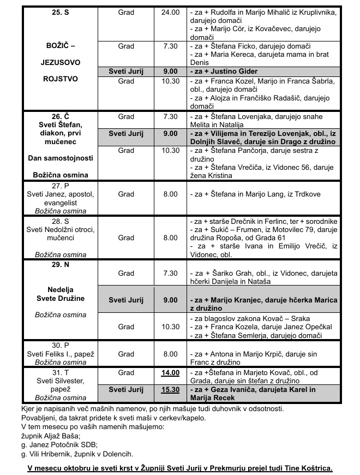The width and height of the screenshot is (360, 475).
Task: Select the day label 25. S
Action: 59,12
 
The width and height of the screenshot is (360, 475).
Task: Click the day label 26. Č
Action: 59,116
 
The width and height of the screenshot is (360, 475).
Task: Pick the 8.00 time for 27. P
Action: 170,194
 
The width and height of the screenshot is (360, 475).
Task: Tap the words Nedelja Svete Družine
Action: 59,294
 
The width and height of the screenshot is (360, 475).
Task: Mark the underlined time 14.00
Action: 170,372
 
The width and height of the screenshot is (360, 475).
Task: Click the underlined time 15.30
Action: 170,390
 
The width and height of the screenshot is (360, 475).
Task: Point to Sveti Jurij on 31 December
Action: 126,390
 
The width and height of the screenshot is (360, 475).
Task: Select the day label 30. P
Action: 59,345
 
